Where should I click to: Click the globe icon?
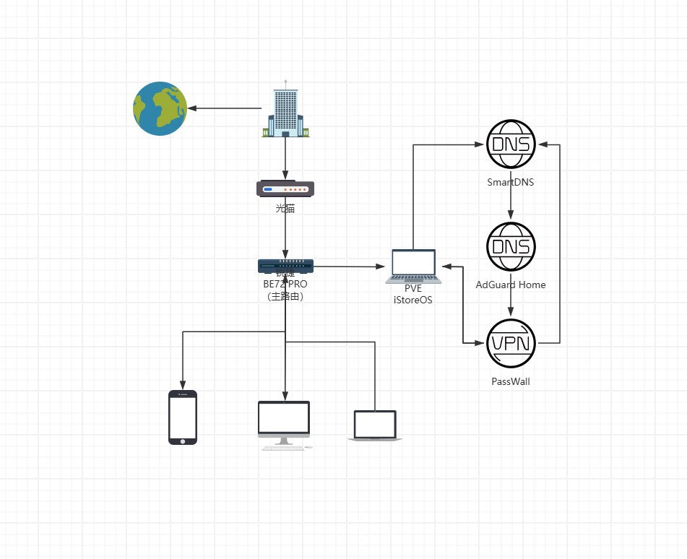tap(160, 108)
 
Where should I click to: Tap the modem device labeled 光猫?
tap(285, 189)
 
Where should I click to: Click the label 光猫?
tap(285, 209)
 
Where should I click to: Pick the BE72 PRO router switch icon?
tap(285, 266)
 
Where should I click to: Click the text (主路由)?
tap(285, 295)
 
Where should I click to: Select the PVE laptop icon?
tap(413, 266)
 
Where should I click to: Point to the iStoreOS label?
tap(413, 300)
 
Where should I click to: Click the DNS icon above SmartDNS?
tap(511, 144)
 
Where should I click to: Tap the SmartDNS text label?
tap(511, 182)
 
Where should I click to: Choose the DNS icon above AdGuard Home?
tap(511, 247)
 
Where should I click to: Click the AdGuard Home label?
tap(511, 285)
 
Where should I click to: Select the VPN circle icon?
tap(511, 343)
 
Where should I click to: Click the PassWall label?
tap(511, 381)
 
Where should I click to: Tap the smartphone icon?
tap(183, 417)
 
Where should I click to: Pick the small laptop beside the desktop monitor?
tap(375, 425)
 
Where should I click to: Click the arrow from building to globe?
tap(224, 108)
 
